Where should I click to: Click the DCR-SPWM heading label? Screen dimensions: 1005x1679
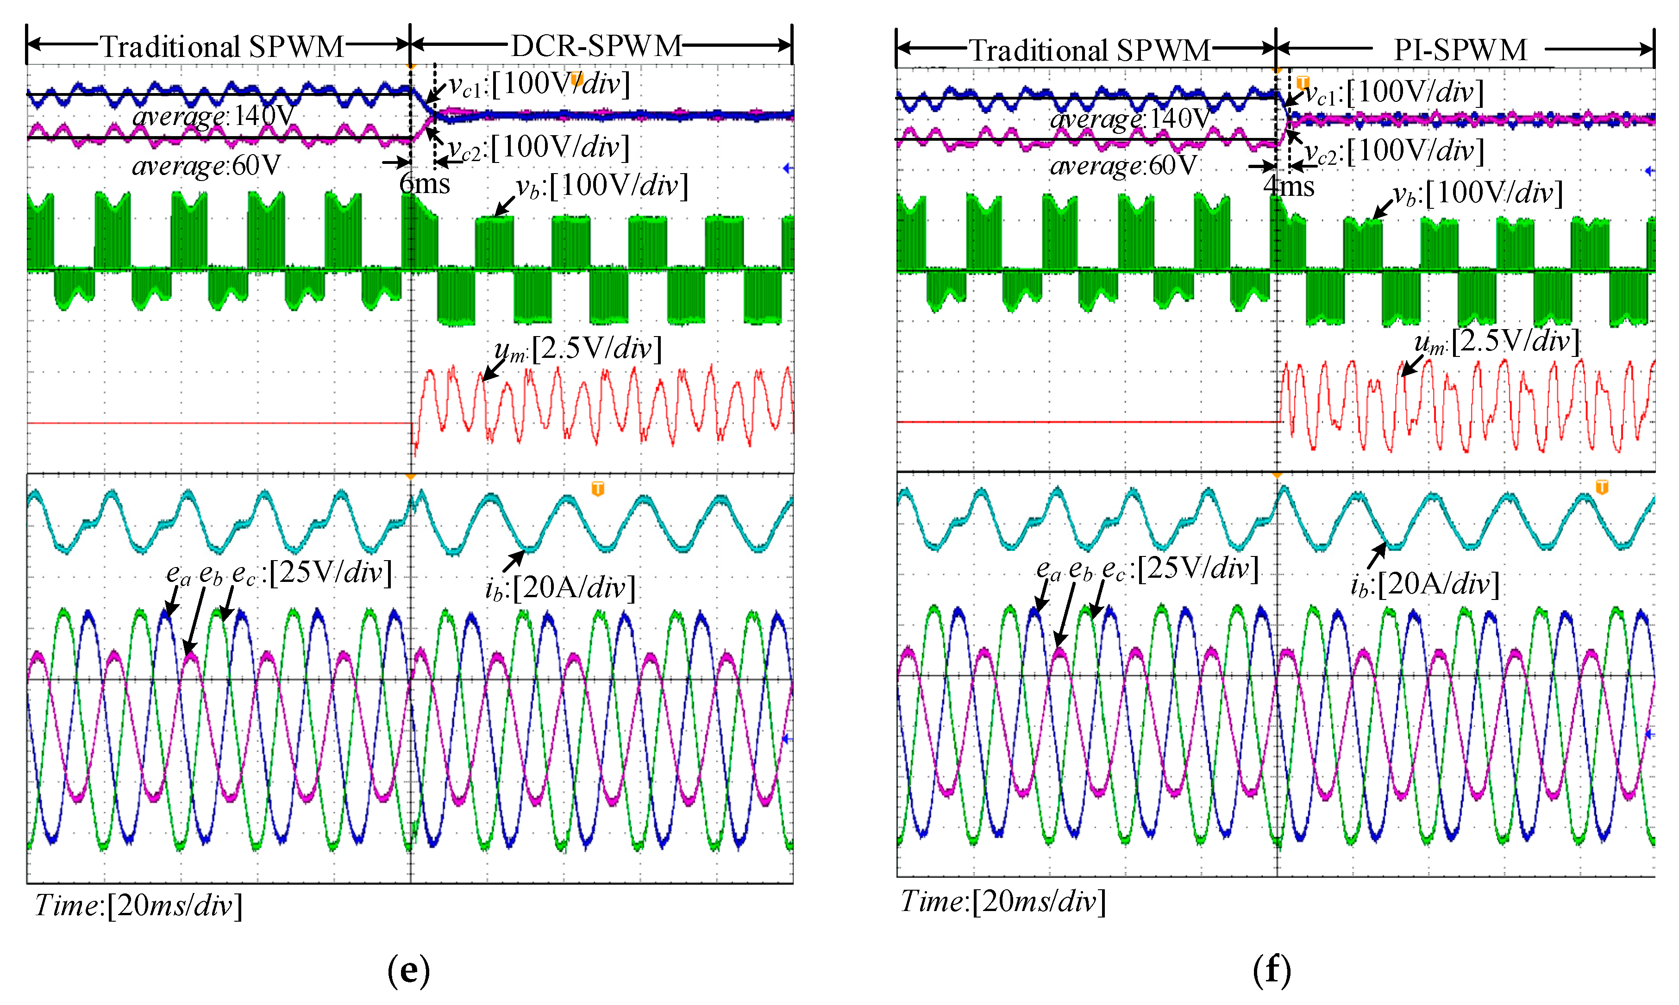point(596,45)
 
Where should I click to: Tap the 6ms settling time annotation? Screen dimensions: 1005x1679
point(425,183)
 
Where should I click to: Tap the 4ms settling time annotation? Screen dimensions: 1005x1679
point(1288,186)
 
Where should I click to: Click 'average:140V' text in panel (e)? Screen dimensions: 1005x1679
point(213,116)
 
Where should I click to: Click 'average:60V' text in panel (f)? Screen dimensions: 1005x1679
point(1123,165)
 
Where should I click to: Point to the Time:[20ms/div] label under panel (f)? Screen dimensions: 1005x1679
point(1002,901)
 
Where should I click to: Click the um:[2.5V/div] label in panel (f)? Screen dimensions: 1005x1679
point(1497,341)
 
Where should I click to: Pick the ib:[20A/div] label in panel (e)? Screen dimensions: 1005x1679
point(560,587)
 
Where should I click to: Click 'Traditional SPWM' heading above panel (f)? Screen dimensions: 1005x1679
point(1089,50)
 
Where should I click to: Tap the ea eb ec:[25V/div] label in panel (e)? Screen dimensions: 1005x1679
point(279,573)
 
